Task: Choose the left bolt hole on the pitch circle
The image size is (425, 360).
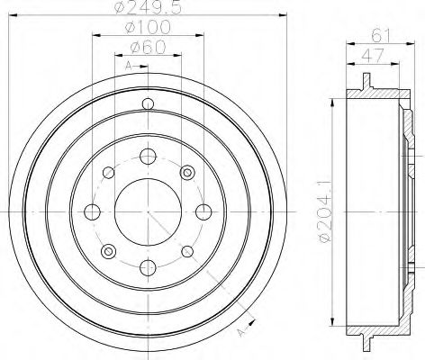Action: click(91, 211)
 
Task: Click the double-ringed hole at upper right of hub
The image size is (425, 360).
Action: click(186, 172)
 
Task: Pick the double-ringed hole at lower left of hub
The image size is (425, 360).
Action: click(107, 250)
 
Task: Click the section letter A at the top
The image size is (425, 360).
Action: click(128, 67)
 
